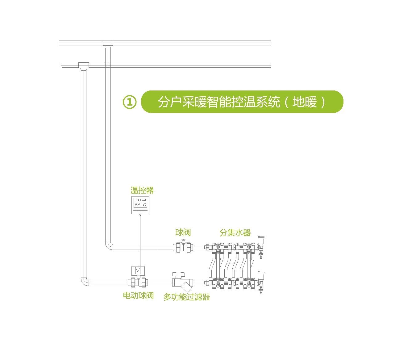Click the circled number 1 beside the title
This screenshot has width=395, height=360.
129,102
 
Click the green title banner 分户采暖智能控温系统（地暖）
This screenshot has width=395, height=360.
242,102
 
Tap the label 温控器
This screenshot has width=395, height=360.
142,190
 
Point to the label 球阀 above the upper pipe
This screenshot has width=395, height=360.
183,232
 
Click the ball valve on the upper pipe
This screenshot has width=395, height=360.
182,246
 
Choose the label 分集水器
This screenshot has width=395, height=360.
235,233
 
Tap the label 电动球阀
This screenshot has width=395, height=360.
138,295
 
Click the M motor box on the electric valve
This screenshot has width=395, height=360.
138,270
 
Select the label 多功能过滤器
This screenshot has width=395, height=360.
187,297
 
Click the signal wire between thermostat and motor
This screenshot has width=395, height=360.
140,240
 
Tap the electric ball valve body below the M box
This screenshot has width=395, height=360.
138,282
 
